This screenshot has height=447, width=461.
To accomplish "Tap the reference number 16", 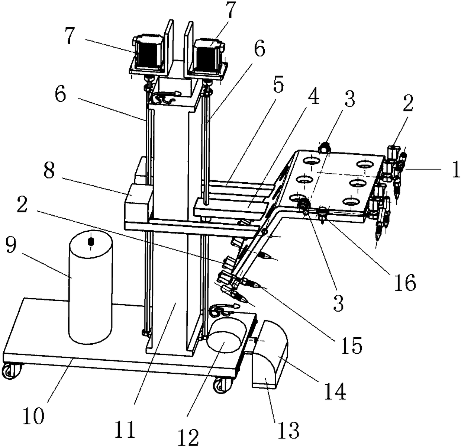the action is click(x=404, y=282).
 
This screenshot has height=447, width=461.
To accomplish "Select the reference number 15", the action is click(x=352, y=345).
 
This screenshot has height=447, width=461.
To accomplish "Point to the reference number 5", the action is click(x=278, y=84).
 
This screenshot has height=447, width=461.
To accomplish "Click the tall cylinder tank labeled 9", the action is click(x=90, y=287).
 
